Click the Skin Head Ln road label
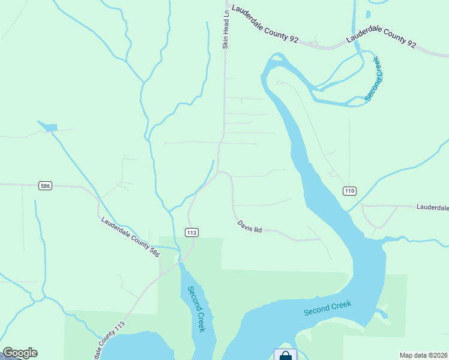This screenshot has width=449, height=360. coord(226,28)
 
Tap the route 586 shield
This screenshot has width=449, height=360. coord(45,186)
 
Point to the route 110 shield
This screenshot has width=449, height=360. coord(350,191)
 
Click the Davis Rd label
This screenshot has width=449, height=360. coord(250,226)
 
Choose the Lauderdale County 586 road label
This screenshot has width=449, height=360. coord(130,238)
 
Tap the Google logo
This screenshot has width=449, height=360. coord(20,353)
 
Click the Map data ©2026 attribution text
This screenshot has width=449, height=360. coord(423,355)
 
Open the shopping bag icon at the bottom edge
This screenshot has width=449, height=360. coord(285,355)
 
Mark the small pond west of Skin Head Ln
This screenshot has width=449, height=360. coord(49,127)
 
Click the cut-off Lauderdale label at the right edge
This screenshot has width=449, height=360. coord(432,207)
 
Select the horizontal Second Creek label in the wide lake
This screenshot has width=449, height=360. coord(327,308)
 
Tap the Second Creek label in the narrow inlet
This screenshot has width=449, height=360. coord(197,309)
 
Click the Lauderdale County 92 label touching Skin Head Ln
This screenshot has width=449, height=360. coord(265,25)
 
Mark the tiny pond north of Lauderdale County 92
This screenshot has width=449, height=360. coord(368,13)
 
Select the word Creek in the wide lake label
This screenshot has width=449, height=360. coord(340,306)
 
